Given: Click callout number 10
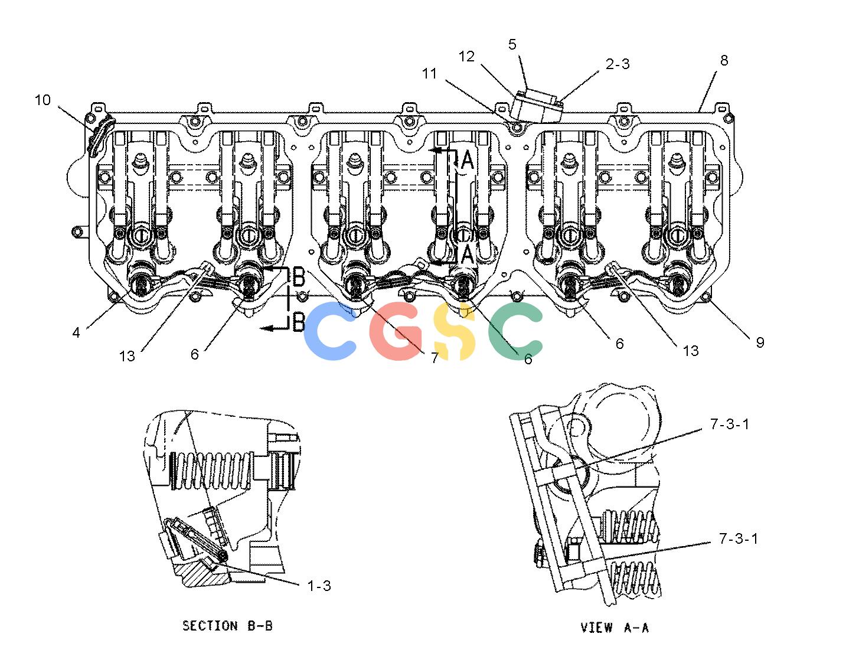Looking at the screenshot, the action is point(43,100).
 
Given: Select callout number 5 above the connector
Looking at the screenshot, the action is point(512,44).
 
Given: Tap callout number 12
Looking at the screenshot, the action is point(466,57).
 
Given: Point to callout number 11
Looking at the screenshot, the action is point(430,73).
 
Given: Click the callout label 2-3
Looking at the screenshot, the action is point(618,64).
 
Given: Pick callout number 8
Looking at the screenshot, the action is point(724,60).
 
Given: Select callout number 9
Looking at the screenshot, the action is point(760,342).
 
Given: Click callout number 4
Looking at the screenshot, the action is point(76,332).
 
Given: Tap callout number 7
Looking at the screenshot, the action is point(435,357).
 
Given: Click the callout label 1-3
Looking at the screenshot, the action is point(319,586).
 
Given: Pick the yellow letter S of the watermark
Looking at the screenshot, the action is point(455,331).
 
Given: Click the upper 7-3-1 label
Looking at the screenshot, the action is point(730,424).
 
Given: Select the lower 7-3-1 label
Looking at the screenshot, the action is point(739,539).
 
